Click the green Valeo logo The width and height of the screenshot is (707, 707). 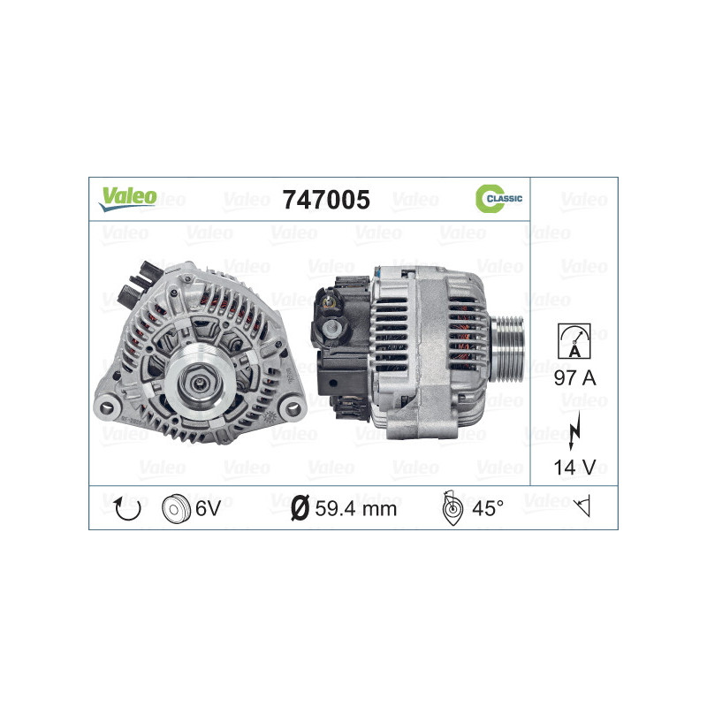pos(128,197)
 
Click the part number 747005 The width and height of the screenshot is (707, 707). pos(325,200)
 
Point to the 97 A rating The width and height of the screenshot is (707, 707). pos(574,379)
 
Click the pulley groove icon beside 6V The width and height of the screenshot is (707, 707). pos(177,508)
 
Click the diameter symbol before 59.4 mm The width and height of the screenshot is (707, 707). pos(299,508)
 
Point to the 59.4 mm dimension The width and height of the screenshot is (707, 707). pos(357,508)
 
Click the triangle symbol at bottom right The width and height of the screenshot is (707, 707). pos(582,507)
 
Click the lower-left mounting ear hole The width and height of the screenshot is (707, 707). pos(108,407)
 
